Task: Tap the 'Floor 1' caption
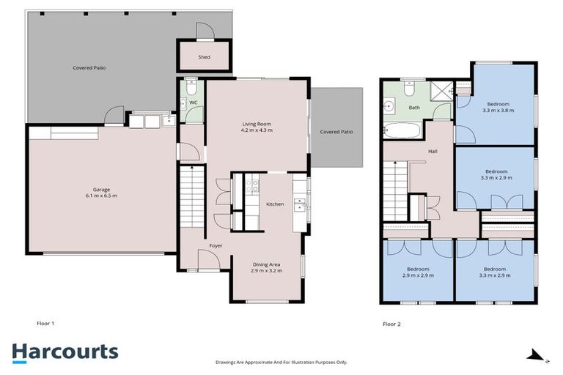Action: point(45,323)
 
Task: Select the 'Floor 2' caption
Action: point(391,323)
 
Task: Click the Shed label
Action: point(205,57)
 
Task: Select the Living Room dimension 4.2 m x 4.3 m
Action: point(257,130)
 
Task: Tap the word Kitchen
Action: point(275,204)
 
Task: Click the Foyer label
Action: point(216,245)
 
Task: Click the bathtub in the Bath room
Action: point(401,133)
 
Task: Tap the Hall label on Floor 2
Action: point(433,152)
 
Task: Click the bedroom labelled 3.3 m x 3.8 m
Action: point(496,107)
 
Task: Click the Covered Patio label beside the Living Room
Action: point(336,132)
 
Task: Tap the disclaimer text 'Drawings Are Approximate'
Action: point(281,362)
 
